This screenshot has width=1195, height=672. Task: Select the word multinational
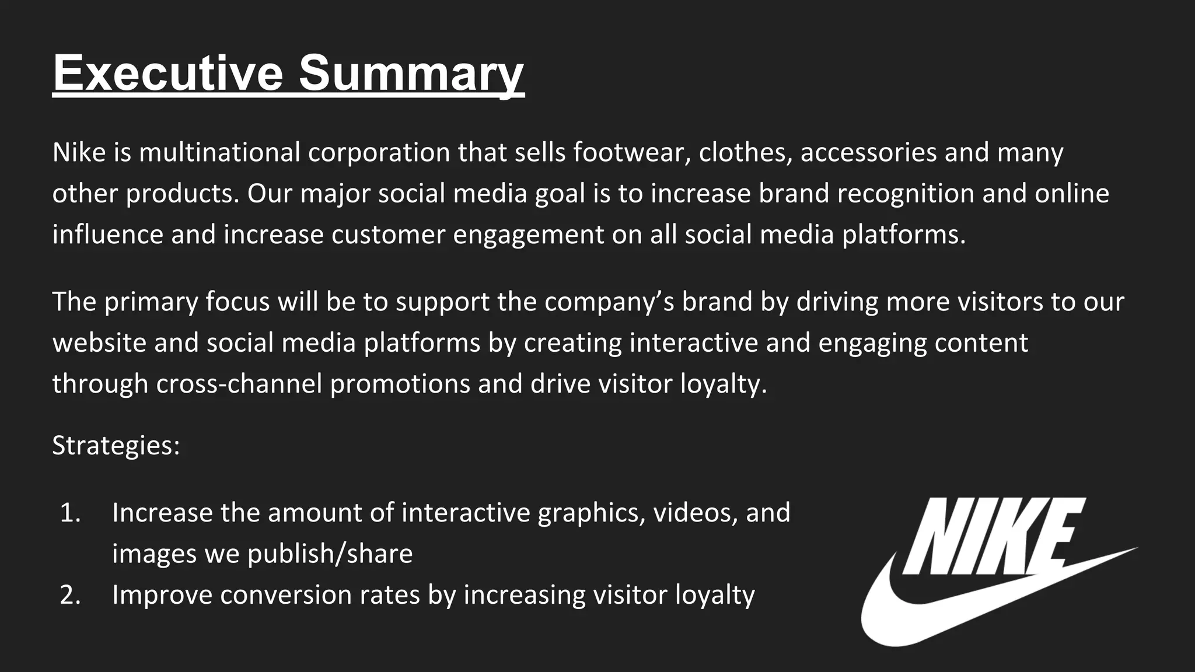click(219, 152)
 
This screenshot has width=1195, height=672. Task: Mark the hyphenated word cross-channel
click(239, 384)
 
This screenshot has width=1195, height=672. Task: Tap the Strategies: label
click(116, 446)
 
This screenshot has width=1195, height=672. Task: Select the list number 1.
click(70, 513)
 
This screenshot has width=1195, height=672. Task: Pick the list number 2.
click(70, 595)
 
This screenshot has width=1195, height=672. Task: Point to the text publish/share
click(330, 554)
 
